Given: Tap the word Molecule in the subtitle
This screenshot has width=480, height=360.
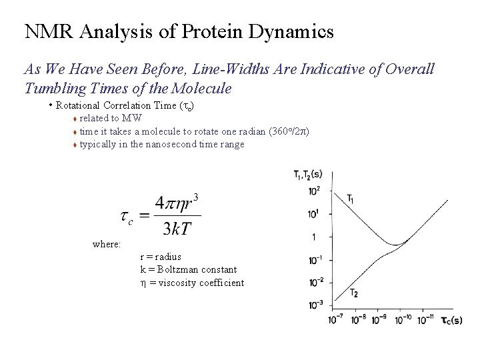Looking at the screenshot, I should tap(200, 88).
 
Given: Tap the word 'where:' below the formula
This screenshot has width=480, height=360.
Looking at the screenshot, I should tap(107, 245).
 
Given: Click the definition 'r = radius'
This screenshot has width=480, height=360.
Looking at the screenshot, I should tap(161, 256).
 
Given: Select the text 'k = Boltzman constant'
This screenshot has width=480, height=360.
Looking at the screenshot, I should tap(189, 269).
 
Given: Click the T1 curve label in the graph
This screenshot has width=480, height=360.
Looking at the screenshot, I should tap(351, 198).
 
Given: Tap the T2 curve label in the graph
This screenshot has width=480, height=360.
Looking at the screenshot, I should tap(354, 293).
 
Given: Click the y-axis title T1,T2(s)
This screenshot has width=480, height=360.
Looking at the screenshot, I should tap(308, 175).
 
